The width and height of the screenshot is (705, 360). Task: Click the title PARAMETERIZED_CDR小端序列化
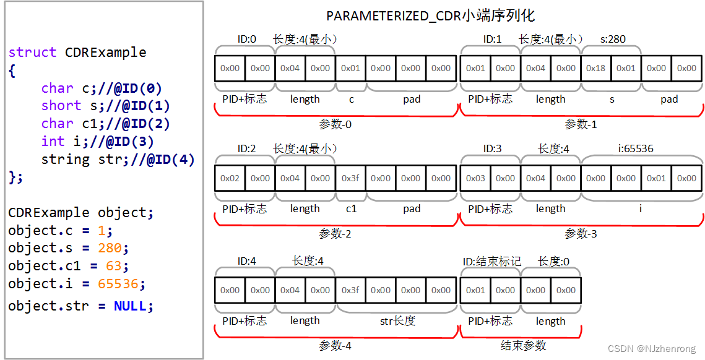[430, 16]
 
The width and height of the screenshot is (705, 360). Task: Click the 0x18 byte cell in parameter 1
[596, 68]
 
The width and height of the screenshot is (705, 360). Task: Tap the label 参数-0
[335, 124]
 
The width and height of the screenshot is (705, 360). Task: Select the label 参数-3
[581, 234]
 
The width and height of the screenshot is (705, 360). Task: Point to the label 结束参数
[524, 345]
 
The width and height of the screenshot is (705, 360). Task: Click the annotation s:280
[613, 40]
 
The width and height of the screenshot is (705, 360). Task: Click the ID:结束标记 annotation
[491, 262]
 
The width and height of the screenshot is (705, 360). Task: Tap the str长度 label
[397, 320]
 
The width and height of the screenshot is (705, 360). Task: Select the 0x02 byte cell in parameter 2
[230, 178]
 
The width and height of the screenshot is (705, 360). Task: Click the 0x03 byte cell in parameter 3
[475, 178]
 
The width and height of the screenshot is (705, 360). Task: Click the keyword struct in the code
[32, 52]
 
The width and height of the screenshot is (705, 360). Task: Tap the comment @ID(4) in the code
[170, 160]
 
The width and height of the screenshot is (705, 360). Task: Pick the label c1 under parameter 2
[351, 209]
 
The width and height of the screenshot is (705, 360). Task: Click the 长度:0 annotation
[553, 262]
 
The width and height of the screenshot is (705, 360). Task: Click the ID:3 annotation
[493, 148]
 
